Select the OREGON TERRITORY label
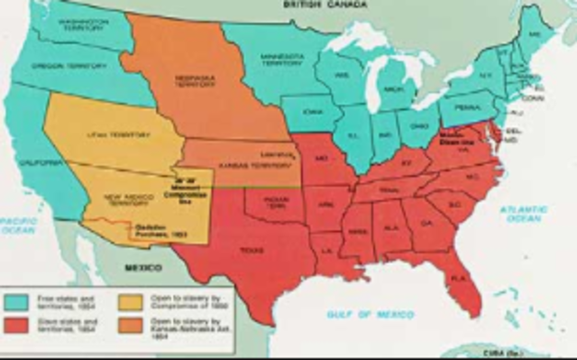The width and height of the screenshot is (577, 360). point(69,66)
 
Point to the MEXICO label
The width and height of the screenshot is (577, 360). point(142,268)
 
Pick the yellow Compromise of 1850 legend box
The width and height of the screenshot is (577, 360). point(132,300)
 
